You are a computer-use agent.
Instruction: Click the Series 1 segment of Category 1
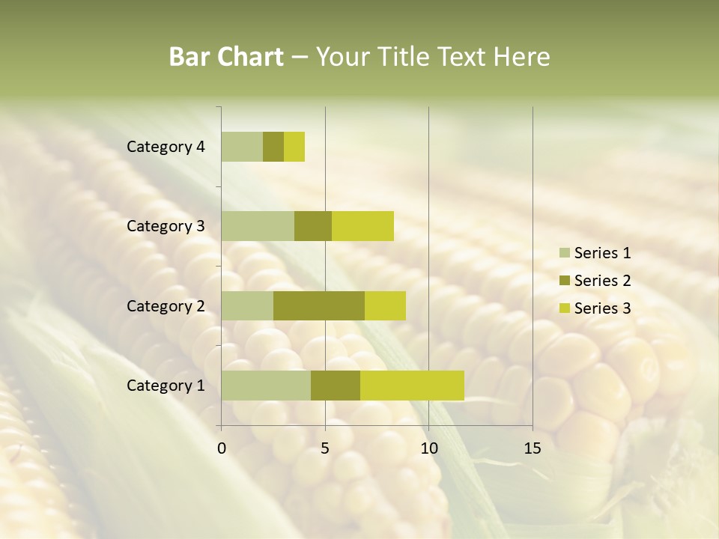click(266, 385)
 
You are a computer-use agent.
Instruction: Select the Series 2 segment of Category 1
click(336, 385)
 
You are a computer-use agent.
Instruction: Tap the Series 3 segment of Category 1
click(412, 385)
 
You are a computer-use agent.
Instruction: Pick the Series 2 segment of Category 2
click(319, 305)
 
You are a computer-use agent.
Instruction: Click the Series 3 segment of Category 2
click(385, 305)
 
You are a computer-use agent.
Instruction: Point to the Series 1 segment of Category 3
click(258, 226)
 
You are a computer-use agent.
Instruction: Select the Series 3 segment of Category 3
click(362, 226)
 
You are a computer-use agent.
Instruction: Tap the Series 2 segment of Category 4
click(273, 147)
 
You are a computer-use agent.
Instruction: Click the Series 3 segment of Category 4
click(294, 147)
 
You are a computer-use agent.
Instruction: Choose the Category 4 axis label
click(166, 147)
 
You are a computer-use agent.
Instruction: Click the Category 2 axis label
click(166, 305)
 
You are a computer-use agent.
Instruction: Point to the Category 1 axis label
click(166, 386)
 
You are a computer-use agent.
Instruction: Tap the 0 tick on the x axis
click(222, 448)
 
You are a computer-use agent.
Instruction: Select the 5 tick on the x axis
click(325, 448)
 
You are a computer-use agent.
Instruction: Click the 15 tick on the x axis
click(532, 448)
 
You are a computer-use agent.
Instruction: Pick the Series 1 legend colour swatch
click(564, 253)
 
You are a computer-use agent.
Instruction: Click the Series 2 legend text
click(602, 281)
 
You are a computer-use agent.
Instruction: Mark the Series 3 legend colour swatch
click(564, 308)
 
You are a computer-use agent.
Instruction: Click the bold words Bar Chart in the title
click(226, 57)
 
